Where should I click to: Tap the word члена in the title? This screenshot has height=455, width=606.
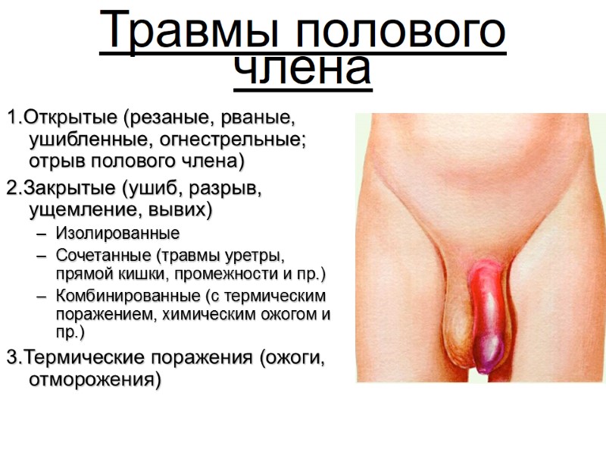(302, 69)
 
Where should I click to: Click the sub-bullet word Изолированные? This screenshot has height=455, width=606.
(117, 233)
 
